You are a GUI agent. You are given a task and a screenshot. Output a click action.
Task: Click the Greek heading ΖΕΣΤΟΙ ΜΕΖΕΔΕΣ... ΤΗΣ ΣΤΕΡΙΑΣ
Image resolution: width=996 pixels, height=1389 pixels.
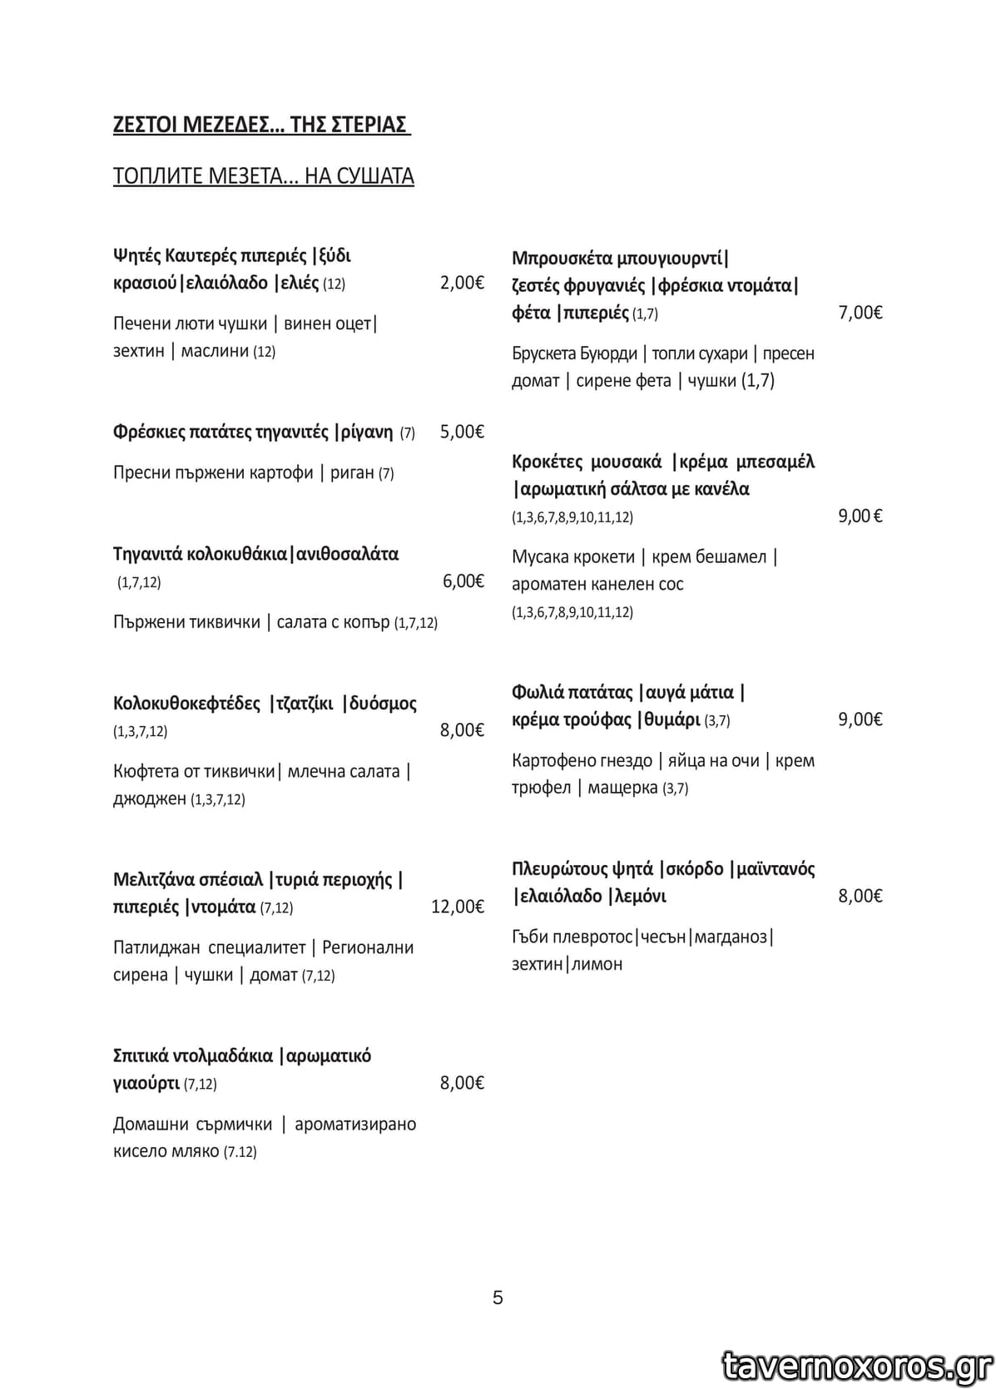click(260, 125)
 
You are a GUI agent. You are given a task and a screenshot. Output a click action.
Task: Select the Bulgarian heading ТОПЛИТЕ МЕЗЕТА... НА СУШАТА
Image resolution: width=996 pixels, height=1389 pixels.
click(263, 176)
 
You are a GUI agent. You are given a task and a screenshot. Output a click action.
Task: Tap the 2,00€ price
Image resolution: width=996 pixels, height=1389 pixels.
click(462, 283)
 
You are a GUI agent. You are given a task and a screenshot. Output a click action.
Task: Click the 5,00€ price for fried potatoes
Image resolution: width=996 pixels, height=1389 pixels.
click(462, 432)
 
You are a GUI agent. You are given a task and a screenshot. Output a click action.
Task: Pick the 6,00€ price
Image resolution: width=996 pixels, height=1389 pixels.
click(463, 581)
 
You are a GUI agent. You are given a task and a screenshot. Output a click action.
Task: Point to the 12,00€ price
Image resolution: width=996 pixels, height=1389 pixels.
click(457, 907)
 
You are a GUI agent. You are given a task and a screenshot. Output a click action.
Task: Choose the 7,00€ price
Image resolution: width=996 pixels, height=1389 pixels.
click(860, 313)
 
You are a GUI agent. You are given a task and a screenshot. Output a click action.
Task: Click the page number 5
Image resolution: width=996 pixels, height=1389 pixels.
click(498, 1298)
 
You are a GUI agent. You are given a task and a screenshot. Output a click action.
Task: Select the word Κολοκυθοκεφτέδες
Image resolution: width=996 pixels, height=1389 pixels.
click(186, 704)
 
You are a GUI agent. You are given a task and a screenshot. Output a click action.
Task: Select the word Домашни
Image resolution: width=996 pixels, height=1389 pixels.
click(150, 1125)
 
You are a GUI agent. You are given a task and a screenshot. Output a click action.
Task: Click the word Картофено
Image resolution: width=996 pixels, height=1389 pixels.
click(553, 761)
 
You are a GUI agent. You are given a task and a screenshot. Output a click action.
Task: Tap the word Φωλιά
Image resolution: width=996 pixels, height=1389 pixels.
click(538, 693)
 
